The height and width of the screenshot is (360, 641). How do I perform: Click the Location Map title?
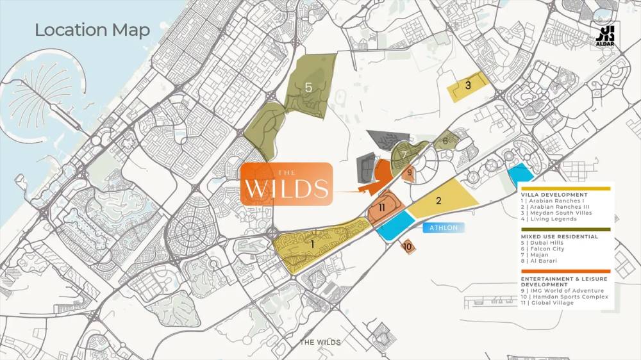(x=92, y=30)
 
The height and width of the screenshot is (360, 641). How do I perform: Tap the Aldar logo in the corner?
(x=605, y=37)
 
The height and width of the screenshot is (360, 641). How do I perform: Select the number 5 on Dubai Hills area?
(x=308, y=88)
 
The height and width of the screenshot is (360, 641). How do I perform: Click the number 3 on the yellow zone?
(x=468, y=85)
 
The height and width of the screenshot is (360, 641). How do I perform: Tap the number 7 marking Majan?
(x=404, y=154)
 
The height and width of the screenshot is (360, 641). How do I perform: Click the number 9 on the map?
(x=409, y=172)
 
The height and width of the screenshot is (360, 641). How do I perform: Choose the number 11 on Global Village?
(x=381, y=208)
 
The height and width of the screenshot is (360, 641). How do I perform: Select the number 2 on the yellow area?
(x=438, y=200)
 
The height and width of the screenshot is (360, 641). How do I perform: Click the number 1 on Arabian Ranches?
(x=312, y=243)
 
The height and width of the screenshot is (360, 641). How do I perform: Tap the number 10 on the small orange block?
(x=408, y=246)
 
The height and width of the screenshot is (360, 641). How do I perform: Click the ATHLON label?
(x=442, y=227)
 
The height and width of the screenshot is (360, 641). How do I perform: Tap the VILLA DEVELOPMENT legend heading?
(x=554, y=195)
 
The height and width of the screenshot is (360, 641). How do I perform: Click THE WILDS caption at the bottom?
(x=320, y=343)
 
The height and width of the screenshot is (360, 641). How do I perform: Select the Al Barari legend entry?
(x=543, y=262)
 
